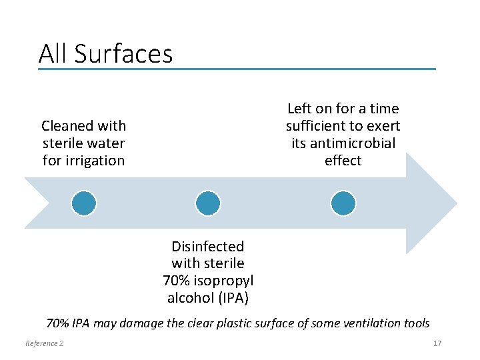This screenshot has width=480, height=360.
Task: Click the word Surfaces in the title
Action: (133, 54)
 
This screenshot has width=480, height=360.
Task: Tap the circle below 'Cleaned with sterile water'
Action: (84, 203)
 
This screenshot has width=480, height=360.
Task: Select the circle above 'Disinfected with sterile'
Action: (208, 203)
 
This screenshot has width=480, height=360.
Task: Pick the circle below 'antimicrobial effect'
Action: (343, 203)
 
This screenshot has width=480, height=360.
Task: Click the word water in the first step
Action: (107, 143)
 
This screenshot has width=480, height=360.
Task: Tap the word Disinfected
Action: (207, 247)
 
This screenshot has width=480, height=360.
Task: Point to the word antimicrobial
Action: (343, 143)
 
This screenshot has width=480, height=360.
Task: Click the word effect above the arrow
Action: (343, 161)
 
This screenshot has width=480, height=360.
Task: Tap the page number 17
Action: (437, 343)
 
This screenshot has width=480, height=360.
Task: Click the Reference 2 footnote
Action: (44, 343)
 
